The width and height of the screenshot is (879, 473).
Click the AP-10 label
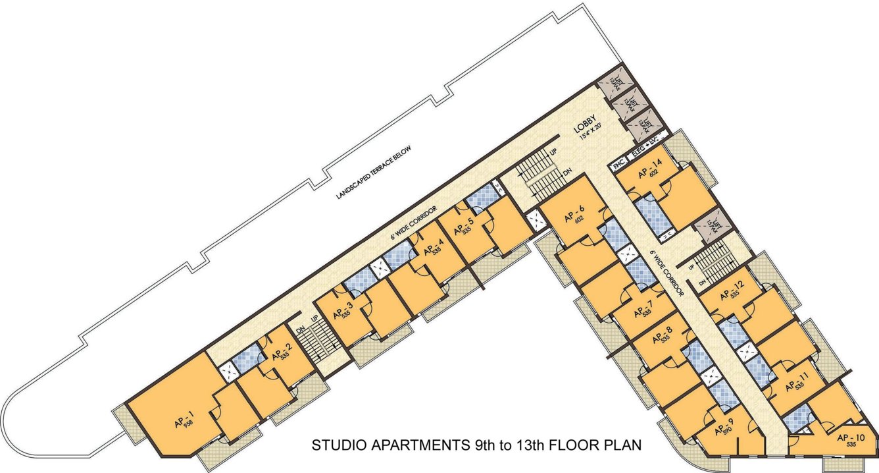coord(851,438)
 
